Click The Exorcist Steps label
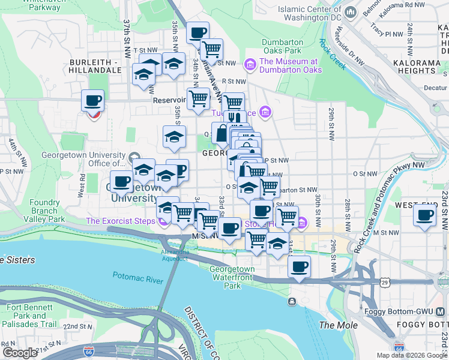click(120, 221)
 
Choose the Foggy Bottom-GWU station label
click(396, 311)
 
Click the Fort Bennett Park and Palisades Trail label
click(31, 316)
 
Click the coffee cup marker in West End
click(426, 215)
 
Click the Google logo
click(19, 353)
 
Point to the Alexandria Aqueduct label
click(175, 255)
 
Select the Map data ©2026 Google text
click(412, 355)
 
